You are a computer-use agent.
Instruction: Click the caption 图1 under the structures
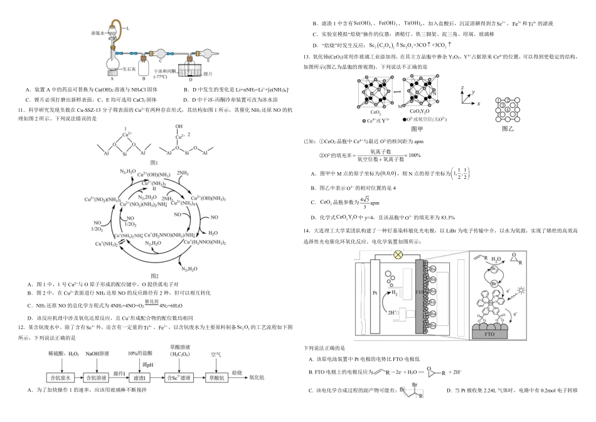[154, 162]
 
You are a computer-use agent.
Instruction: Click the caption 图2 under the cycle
[154, 276]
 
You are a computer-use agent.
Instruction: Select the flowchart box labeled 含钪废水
[62, 378]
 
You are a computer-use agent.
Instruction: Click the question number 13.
[306, 57]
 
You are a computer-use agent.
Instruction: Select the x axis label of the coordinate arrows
[478, 102]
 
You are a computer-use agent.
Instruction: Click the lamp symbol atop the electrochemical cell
[397, 255]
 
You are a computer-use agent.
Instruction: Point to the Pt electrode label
[375, 293]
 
